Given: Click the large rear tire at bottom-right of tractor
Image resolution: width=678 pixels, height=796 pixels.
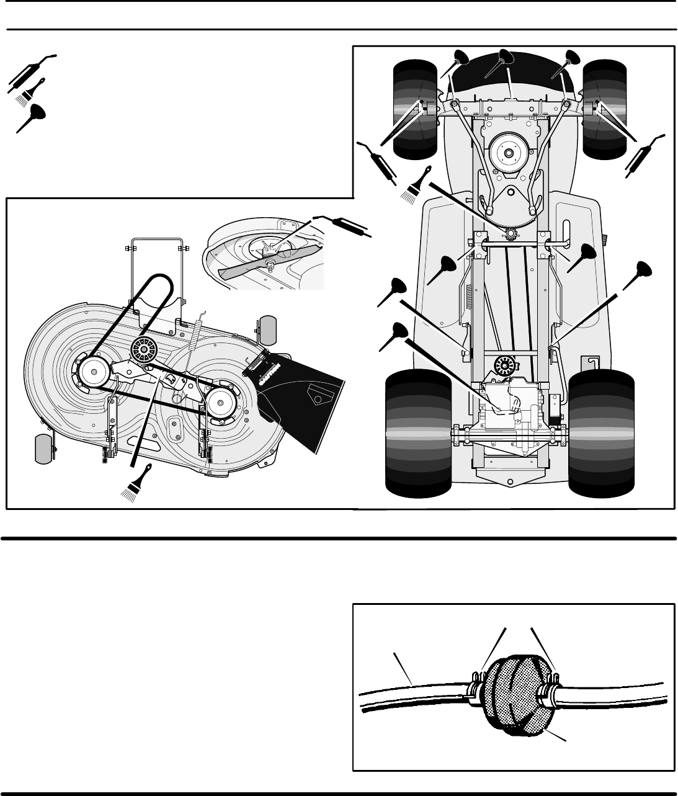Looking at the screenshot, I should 602,434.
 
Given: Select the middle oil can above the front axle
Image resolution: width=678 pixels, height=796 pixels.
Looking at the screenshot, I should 504,65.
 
